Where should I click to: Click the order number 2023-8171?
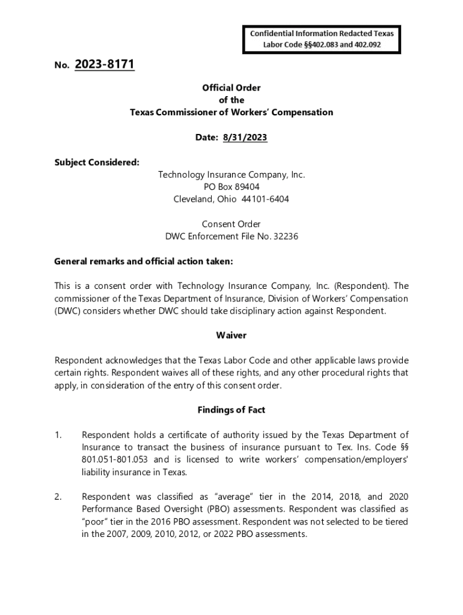point(105,64)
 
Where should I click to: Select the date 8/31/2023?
point(245,138)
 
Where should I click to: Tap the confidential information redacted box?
point(322,39)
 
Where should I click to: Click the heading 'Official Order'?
point(231,88)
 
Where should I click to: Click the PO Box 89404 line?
point(231,187)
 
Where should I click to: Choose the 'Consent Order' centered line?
point(231,224)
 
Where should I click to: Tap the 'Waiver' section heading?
point(231,335)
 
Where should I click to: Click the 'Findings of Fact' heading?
point(231,410)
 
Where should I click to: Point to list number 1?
point(58,435)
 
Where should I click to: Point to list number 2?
point(58,497)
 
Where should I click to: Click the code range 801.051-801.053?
point(115,459)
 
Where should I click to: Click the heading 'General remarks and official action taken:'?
point(143,261)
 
